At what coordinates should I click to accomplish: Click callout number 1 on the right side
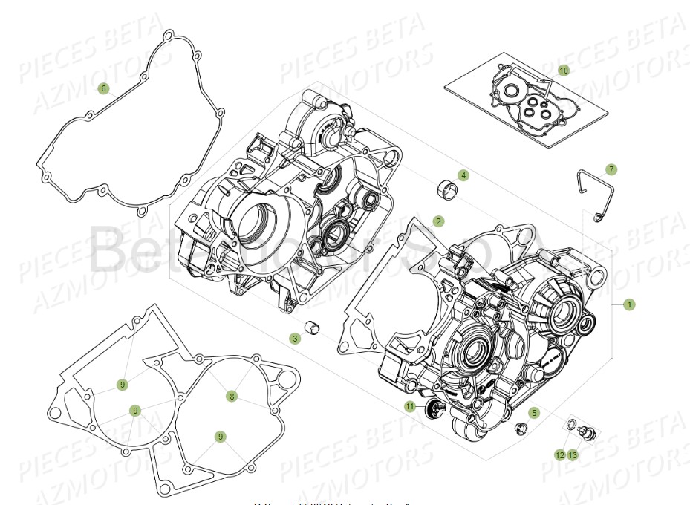[x=630, y=304]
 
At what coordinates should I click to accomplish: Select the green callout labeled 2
[x=439, y=221]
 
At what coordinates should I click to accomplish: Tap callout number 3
[x=295, y=338]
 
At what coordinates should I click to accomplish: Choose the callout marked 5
[x=533, y=411]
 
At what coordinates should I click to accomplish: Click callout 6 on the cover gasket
[x=104, y=88]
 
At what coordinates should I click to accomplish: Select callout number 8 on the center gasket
[x=232, y=397]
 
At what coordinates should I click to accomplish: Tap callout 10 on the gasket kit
[x=564, y=71]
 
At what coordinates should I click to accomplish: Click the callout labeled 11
[x=410, y=406]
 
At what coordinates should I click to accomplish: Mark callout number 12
[x=559, y=454]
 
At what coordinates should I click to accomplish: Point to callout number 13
[x=573, y=454]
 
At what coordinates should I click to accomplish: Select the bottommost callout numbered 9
[x=221, y=437]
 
